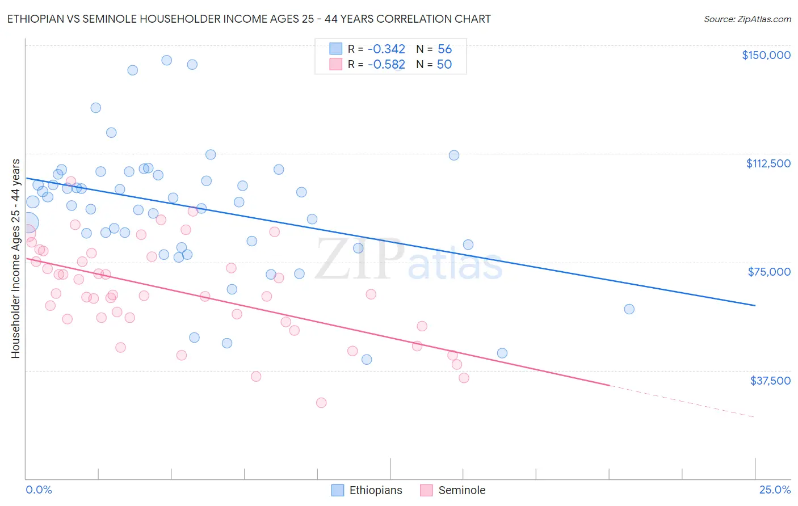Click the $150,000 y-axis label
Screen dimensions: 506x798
(766, 55)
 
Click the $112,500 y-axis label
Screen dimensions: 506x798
(768, 163)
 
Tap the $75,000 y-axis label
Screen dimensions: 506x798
(769, 272)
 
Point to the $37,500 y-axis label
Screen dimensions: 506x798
(770, 381)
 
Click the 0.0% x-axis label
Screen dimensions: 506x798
(39, 490)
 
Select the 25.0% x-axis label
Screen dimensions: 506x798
(775, 490)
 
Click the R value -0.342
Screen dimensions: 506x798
(386, 49)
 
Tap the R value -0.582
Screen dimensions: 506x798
(386, 65)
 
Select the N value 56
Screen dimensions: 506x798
(444, 49)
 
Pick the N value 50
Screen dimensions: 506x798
(444, 65)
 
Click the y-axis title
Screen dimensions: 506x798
(15, 259)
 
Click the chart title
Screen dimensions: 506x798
(249, 19)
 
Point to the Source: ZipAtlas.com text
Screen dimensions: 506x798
(747, 19)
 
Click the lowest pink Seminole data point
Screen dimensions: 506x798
(321, 403)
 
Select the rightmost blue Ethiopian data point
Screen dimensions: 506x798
(629, 309)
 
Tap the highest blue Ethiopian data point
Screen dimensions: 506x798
(167, 60)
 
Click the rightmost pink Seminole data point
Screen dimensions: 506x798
(464, 378)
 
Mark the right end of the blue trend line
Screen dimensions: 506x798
(755, 305)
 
